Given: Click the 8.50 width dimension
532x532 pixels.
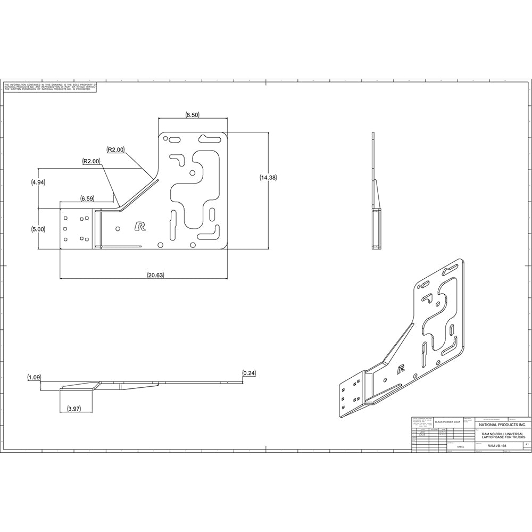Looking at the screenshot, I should tap(192, 115).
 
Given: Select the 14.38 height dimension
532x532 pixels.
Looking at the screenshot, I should tap(268, 178).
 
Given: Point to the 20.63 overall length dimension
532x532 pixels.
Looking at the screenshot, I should tap(155, 275).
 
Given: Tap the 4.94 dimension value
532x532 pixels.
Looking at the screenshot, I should tap(38, 182).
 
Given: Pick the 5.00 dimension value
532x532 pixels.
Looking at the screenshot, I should tap(38, 229).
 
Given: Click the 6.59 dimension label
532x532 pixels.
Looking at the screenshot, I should tap(88, 198).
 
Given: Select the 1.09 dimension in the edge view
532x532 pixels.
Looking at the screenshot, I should tap(35, 377).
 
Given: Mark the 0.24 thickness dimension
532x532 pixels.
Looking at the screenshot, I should tap(248, 373).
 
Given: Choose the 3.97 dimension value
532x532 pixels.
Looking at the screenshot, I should tap(74, 409).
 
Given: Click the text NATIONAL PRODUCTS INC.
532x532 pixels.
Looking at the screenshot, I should tap(502, 425).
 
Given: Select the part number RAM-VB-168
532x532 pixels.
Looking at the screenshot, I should tap(496, 444).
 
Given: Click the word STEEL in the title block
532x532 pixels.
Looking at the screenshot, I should tap(461, 447).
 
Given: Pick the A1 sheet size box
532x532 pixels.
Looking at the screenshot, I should tap(526, 443).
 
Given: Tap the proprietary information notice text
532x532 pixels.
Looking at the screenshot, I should tap(50, 87).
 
